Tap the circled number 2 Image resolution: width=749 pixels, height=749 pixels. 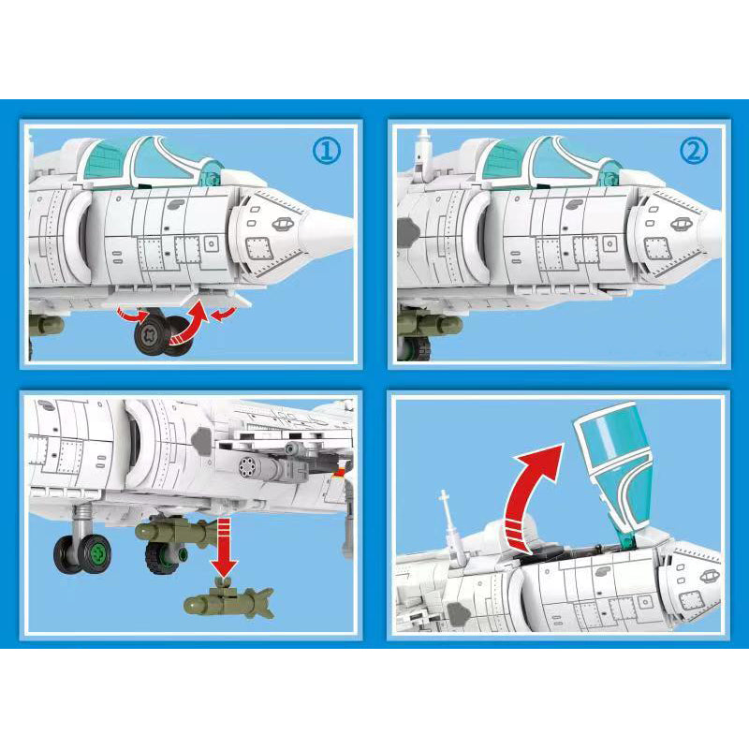(694, 151)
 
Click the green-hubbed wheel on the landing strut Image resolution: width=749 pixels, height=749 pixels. (81, 554)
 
